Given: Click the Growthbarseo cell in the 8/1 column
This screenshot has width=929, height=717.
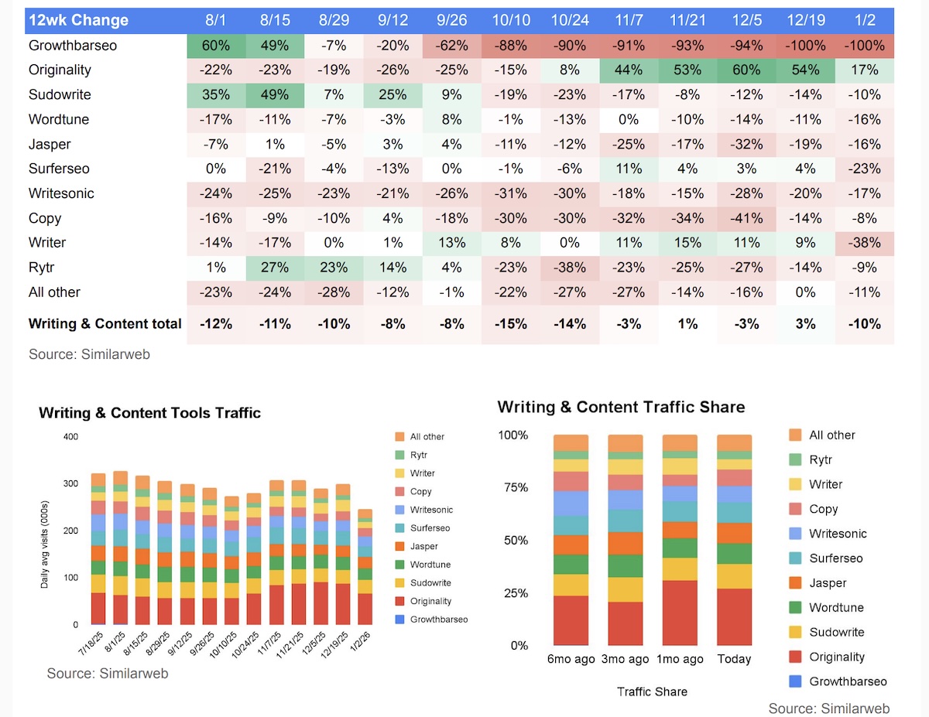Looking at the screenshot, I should pyautogui.click(x=216, y=45).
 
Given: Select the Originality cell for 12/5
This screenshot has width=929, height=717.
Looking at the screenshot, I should pyautogui.click(x=746, y=70).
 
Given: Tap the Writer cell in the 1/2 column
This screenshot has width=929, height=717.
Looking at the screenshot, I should pyautogui.click(x=864, y=242).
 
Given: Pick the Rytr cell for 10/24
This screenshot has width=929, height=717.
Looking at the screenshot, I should pyautogui.click(x=569, y=267).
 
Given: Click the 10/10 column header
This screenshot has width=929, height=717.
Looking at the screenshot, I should pyautogui.click(x=510, y=20).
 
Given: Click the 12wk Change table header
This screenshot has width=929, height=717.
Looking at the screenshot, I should pyautogui.click(x=78, y=20).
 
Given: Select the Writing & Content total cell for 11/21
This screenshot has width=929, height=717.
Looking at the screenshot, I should pyautogui.click(x=687, y=323).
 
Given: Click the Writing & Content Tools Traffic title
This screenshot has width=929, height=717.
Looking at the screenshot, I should pyautogui.click(x=149, y=413).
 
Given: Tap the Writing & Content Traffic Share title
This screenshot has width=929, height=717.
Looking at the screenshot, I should pyautogui.click(x=621, y=407).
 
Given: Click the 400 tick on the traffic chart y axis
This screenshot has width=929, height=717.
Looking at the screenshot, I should pyautogui.click(x=70, y=437).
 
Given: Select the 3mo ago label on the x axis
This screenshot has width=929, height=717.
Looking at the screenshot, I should pyautogui.click(x=625, y=659).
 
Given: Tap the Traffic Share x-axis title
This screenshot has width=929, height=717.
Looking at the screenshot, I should pyautogui.click(x=652, y=691).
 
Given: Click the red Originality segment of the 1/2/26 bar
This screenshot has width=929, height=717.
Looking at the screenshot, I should pyautogui.click(x=364, y=609).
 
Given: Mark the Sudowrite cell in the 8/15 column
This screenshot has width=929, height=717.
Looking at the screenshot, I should pyautogui.click(x=276, y=94).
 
